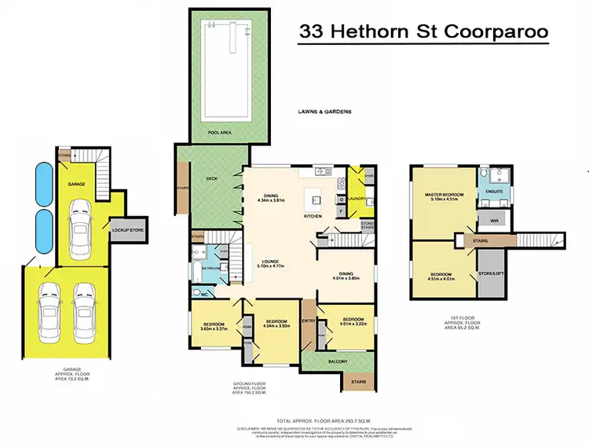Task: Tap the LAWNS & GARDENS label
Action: click(324, 112)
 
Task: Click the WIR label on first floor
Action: click(495, 221)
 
